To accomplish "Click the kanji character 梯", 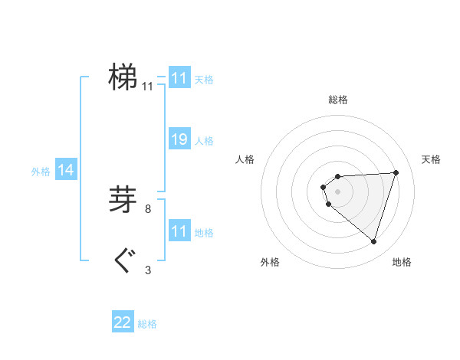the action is [x=123, y=77].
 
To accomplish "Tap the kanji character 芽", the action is [x=123, y=199].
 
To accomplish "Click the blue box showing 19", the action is [x=179, y=139].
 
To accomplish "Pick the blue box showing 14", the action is [x=66, y=171].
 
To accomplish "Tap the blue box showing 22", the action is [x=123, y=322].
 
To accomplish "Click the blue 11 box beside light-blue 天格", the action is [x=179, y=78].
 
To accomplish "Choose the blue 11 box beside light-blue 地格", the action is [x=179, y=231].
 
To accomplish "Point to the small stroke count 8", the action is [x=148, y=208].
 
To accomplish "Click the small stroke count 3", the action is [x=148, y=270].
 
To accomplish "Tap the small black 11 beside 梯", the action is [x=148, y=87].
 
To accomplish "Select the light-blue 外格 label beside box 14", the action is [x=41, y=172].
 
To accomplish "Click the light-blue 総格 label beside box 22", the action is [x=147, y=324].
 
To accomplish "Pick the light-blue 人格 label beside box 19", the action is [x=205, y=141].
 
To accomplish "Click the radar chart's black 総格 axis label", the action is [x=338, y=100].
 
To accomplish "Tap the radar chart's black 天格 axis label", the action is [x=432, y=159].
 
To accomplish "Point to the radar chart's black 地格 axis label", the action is [x=402, y=263].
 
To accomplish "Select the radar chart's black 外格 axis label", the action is [x=270, y=263].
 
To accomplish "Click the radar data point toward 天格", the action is [x=396, y=172].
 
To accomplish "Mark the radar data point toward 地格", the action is [x=373, y=241].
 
